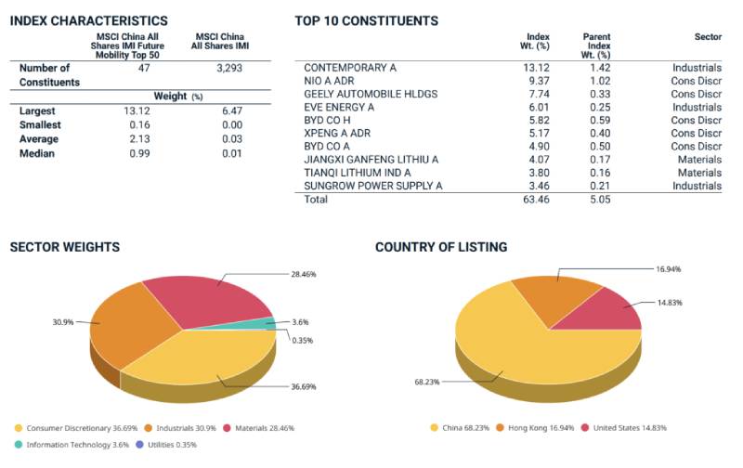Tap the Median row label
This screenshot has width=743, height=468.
38,153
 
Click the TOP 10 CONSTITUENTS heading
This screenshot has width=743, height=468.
367,20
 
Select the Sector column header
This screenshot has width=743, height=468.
708,36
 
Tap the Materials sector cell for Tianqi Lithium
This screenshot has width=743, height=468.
699,173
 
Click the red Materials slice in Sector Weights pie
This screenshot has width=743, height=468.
209,302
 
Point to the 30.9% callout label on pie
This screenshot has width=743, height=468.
62,321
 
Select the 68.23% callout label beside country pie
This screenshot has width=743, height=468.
428,381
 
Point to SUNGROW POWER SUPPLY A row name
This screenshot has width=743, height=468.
372,186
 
